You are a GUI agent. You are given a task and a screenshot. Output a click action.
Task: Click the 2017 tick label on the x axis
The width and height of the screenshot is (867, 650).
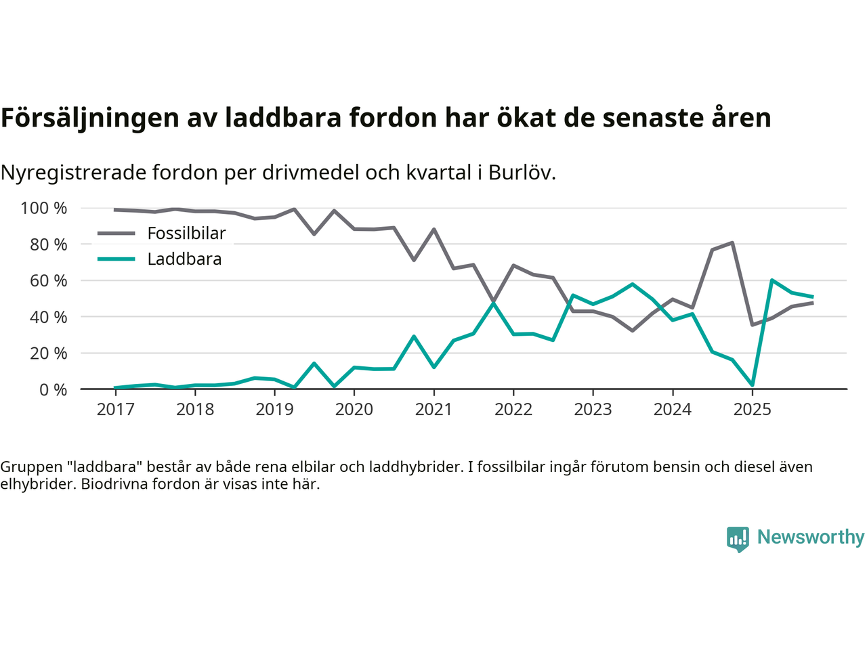tap(115, 410)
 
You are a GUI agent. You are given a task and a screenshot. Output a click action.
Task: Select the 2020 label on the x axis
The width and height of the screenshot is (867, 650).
tap(354, 410)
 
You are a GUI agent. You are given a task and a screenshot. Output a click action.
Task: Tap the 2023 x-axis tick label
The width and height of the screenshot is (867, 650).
tap(593, 410)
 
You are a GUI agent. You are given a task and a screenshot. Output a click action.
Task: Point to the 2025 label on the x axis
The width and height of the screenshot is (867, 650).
tap(752, 410)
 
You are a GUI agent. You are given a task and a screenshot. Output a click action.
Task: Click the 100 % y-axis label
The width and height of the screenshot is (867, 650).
tap(44, 209)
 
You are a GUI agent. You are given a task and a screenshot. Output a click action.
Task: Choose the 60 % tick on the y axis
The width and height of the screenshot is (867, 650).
tap(49, 281)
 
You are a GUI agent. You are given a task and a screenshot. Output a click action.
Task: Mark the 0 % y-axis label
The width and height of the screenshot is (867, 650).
tap(53, 390)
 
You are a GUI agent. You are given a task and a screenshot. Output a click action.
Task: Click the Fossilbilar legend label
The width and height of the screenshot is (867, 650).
tap(186, 234)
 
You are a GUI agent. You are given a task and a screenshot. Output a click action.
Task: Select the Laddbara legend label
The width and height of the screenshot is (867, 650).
tap(184, 259)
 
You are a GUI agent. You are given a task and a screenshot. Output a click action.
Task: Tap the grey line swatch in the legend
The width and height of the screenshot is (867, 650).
tap(117, 234)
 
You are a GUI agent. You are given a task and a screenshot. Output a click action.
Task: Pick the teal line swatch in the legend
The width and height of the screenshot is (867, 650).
tap(117, 259)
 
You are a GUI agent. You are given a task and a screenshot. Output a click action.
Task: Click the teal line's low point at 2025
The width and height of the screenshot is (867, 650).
tap(752, 385)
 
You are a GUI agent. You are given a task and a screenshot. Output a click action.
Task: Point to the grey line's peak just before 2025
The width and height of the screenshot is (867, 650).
tap(732, 242)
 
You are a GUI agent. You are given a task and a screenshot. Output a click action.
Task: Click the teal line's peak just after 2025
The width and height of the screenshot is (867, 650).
tap(772, 280)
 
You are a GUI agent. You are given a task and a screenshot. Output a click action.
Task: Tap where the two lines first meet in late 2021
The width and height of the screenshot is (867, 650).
tap(494, 303)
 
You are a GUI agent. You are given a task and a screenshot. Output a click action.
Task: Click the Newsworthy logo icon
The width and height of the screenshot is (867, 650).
tap(738, 539)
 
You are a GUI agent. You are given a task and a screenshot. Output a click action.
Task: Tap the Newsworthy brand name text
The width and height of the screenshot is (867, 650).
tap(810, 538)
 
